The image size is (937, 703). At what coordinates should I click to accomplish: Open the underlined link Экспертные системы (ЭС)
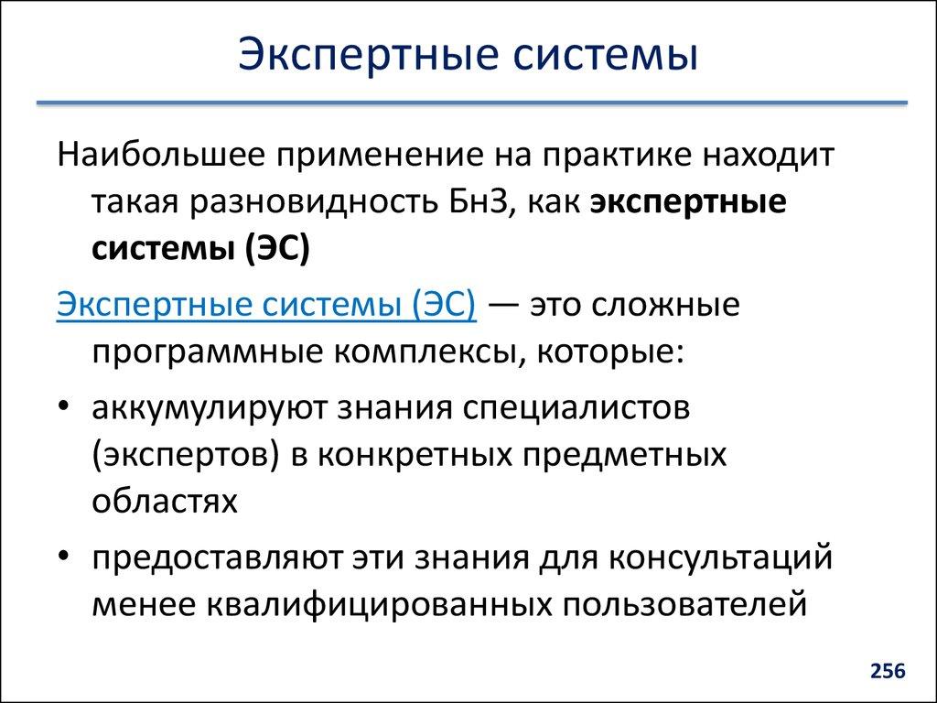266,304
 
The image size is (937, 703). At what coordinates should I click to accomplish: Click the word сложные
671,304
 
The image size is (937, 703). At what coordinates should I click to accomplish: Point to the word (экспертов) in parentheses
186,455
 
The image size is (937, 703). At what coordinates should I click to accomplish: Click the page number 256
887,672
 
